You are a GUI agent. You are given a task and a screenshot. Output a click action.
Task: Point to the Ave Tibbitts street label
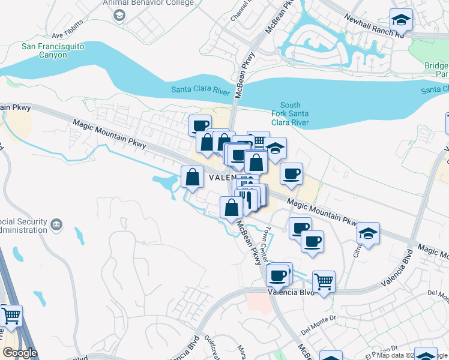(67, 35)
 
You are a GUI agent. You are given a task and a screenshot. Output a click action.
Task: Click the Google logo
(20, 353)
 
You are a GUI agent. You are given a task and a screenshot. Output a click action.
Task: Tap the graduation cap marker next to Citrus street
(368, 233)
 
